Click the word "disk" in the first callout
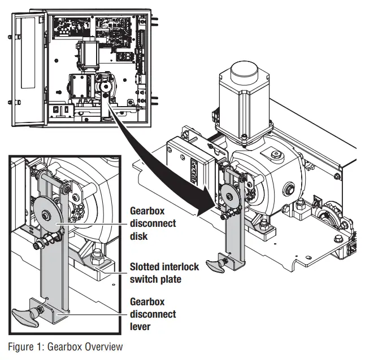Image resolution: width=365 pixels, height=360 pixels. (140, 236)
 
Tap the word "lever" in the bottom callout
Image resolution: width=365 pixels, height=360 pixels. (142, 326)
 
